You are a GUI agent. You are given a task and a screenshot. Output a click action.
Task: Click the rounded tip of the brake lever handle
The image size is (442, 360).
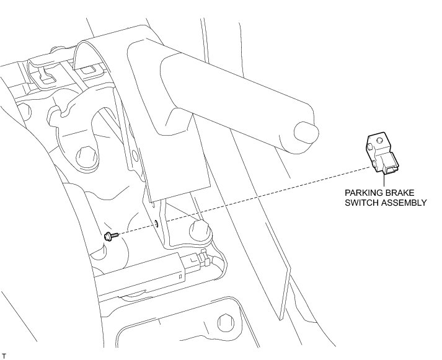pyautogui.click(x=306, y=133)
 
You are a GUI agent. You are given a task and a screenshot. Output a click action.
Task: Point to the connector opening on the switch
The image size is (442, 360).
pyautogui.click(x=391, y=165)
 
